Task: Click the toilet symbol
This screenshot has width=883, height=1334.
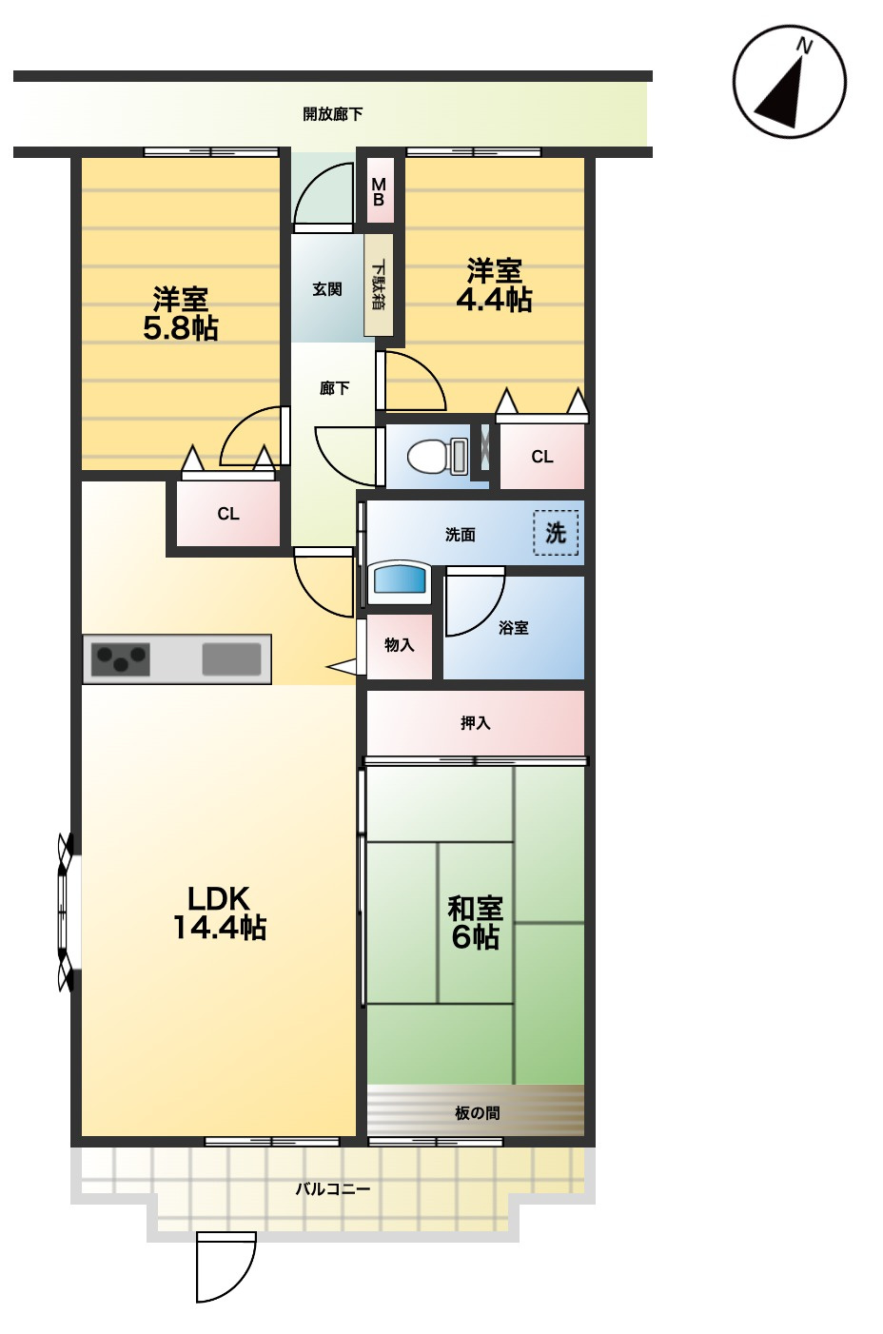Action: click(438, 456)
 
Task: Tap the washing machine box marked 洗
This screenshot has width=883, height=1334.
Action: click(556, 533)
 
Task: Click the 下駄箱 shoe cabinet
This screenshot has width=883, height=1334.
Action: click(379, 284)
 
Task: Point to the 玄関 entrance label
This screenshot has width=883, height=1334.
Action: click(327, 289)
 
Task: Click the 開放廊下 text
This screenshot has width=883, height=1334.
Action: click(333, 114)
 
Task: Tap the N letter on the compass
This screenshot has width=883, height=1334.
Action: click(804, 47)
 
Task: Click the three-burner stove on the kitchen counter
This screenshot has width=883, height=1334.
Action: click(120, 659)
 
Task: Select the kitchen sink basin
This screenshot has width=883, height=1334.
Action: click(231, 659)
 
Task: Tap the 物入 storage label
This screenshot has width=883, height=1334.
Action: click(399, 644)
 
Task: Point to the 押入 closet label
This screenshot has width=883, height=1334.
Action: click(475, 723)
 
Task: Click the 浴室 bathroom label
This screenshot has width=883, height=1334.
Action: click(513, 628)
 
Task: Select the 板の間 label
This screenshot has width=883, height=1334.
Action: click(477, 1113)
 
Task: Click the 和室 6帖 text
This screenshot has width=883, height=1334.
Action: click(475, 923)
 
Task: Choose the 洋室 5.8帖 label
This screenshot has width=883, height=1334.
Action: click(181, 314)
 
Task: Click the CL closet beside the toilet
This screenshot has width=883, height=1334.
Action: click(541, 457)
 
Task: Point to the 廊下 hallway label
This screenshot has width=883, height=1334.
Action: click(334, 389)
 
